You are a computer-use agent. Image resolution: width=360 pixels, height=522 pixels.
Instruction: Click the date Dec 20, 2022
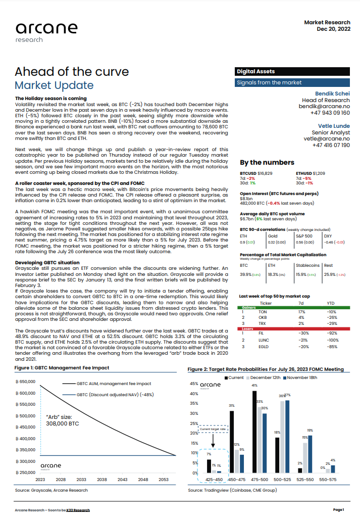(333, 30)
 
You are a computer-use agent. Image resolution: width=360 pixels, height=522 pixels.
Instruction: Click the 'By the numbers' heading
(267, 163)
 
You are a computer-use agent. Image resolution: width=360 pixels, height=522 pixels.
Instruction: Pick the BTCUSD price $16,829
(265, 173)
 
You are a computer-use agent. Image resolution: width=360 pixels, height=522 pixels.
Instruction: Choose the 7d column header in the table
(301, 303)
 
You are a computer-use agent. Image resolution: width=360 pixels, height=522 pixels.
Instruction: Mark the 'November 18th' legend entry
(303, 377)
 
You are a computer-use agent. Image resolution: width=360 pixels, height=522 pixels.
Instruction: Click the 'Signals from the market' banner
(269, 82)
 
